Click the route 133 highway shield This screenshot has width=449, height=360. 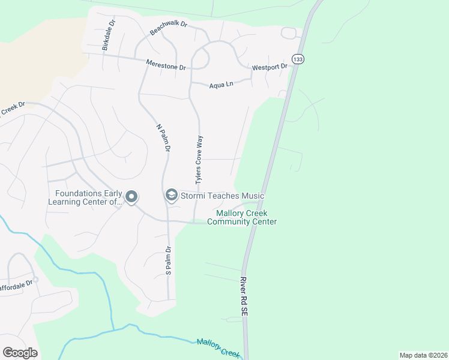coord(298,58)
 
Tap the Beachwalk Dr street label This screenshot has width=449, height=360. coord(169,29)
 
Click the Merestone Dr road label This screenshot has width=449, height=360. coord(166,65)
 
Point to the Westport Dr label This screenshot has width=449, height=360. coord(270,67)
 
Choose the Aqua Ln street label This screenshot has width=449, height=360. coord(221,85)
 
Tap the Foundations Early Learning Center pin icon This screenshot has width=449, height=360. coord(131,197)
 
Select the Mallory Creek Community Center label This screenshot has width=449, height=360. coord(242,217)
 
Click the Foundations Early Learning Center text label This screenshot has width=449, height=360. coord(88,197)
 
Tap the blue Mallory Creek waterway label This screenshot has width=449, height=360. coord(218,347)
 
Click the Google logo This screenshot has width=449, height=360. coord(20,353)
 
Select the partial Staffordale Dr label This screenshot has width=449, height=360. coord(16,280)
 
